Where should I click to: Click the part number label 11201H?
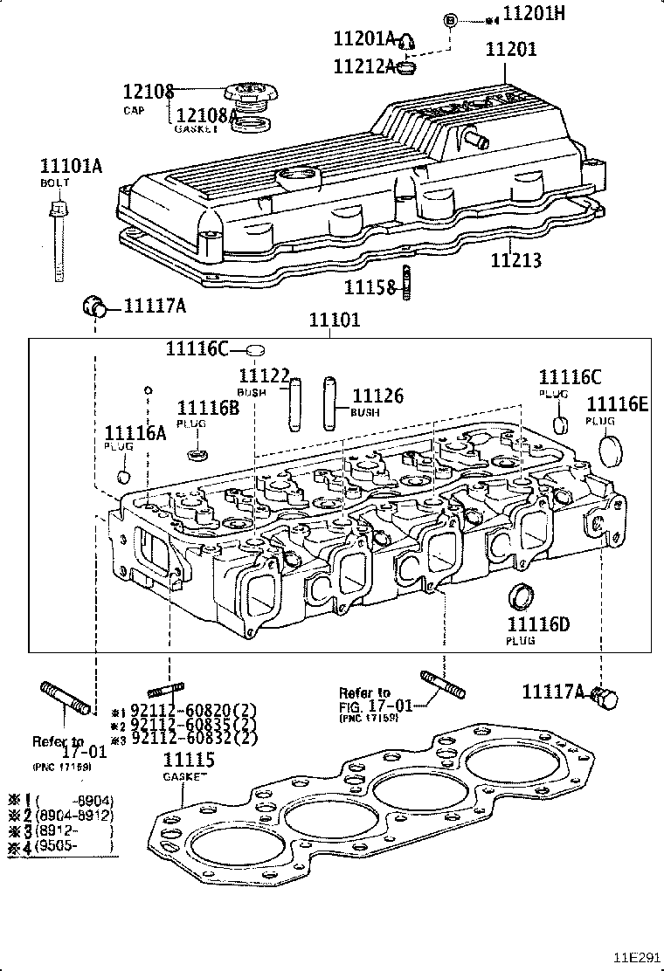(x=536, y=14)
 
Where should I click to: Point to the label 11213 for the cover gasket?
(x=515, y=260)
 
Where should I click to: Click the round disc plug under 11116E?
(x=612, y=447)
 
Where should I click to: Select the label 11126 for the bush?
(x=377, y=396)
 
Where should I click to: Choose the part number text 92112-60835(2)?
(x=194, y=724)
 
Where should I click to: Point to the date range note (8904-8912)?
(x=73, y=815)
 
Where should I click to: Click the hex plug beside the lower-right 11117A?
(x=604, y=698)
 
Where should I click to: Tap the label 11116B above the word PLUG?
(x=208, y=408)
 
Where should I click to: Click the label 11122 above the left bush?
(x=264, y=375)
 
